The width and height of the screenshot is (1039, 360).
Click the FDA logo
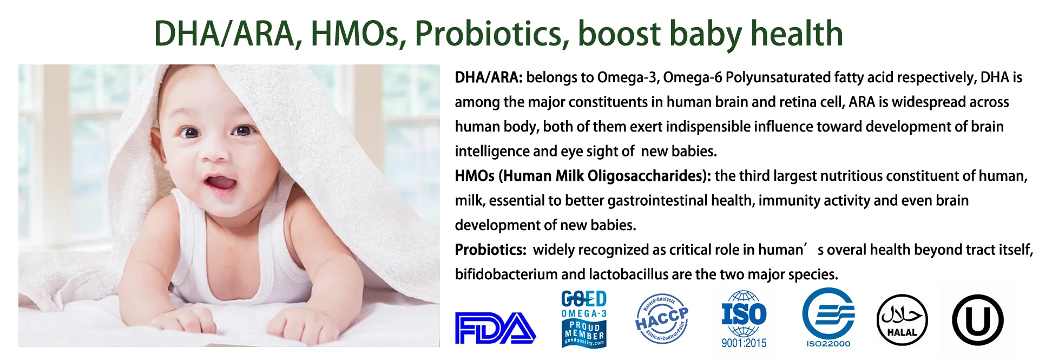coord(495,328)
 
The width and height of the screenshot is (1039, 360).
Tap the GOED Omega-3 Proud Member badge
coord(584,319)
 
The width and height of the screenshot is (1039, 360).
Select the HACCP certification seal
coord(662,319)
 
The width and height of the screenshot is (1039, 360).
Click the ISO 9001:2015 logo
coord(744,319)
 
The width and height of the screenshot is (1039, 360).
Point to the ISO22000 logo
coord(828,318)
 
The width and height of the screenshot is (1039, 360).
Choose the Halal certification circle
coord(902,320)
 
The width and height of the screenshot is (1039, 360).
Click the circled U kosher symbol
coord(977,320)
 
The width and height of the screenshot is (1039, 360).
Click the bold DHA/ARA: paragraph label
coord(489,77)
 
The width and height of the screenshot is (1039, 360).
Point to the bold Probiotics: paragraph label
coord(490,250)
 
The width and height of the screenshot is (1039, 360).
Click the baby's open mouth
coord(220,183)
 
